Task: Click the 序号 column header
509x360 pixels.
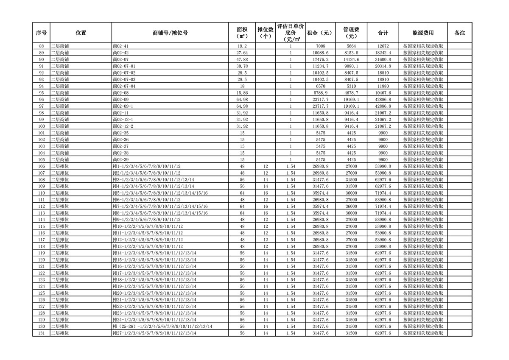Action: click(x=41, y=33)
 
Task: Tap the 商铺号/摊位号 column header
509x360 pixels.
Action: click(x=170, y=33)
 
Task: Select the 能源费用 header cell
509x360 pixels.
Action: click(x=423, y=33)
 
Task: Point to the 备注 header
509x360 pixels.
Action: click(x=459, y=33)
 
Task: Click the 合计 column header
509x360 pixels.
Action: click(x=383, y=33)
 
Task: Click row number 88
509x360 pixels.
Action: click(x=41, y=46)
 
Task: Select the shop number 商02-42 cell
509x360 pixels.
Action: click(x=121, y=53)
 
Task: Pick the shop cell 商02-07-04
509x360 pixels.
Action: click(x=124, y=86)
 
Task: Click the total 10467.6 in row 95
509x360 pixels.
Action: click(x=383, y=93)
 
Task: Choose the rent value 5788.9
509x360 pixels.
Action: click(x=321, y=93)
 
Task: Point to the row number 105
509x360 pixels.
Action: click(x=41, y=159)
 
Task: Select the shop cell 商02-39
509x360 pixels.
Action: click(x=121, y=159)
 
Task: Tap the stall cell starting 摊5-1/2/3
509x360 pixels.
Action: click(x=160, y=193)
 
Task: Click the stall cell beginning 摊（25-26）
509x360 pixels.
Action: click(x=162, y=327)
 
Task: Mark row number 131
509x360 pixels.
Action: click(x=41, y=333)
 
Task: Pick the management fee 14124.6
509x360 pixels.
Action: click(x=351, y=59)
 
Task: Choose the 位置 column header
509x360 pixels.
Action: click(x=81, y=33)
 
